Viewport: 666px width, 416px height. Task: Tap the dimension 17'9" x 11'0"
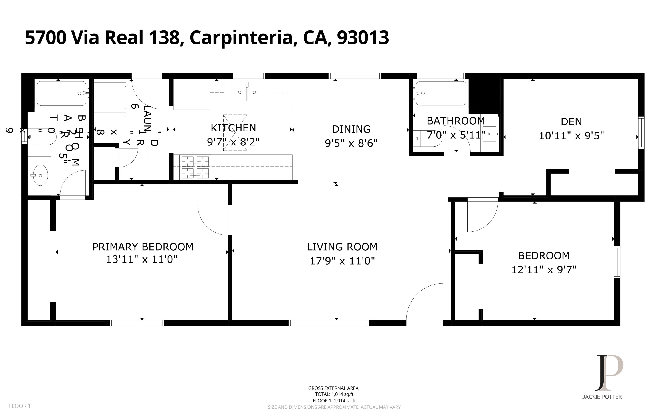coord(342,261)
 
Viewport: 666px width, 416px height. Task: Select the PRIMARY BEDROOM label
coord(143,247)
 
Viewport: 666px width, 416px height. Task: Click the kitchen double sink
coord(247,92)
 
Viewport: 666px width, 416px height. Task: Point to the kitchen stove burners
coord(195,167)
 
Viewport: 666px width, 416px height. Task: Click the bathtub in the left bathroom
coord(61,93)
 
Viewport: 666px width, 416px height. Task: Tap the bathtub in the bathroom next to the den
coord(441,93)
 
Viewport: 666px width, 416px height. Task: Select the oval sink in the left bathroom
coord(40,175)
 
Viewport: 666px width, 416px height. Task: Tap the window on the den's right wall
coord(641,133)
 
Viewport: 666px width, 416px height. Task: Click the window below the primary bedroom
coord(137,323)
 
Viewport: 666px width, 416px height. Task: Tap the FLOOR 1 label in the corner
coord(20,406)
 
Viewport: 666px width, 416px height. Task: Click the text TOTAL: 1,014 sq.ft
coord(334,394)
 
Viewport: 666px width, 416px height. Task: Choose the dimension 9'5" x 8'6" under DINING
coord(351,143)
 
